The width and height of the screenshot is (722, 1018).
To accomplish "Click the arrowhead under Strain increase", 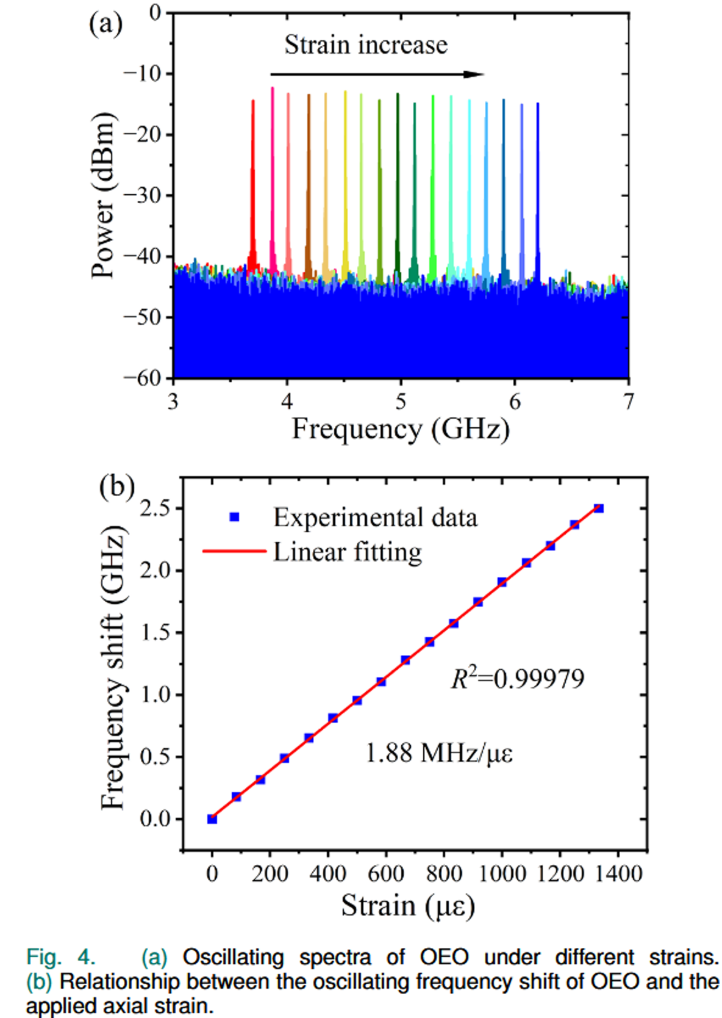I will pyautogui.click(x=474, y=74).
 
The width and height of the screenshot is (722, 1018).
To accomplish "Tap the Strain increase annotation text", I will pyautogui.click(x=366, y=45).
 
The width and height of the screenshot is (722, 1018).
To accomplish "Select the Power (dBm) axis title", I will pyautogui.click(x=104, y=195).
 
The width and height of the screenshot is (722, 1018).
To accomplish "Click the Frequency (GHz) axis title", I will pyautogui.click(x=401, y=429).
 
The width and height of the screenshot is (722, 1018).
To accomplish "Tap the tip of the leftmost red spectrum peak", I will pyautogui.click(x=252, y=101).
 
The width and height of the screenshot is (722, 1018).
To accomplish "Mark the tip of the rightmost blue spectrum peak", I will pyautogui.click(x=537, y=104).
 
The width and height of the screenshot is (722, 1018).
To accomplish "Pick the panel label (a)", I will pyautogui.click(x=105, y=24).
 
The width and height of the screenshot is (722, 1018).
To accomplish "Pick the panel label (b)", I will pyautogui.click(x=116, y=486).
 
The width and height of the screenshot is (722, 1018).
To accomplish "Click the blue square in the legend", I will pyautogui.click(x=234, y=518).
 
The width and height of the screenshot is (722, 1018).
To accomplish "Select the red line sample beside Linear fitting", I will pyautogui.click(x=234, y=552).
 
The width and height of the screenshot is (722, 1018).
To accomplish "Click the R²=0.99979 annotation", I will pyautogui.click(x=517, y=678).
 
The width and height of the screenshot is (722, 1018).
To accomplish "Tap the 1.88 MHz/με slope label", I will pyautogui.click(x=438, y=753).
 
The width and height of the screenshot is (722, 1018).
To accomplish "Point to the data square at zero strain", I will pyautogui.click(x=212, y=819).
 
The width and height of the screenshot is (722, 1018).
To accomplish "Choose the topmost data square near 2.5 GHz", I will pyautogui.click(x=598, y=508).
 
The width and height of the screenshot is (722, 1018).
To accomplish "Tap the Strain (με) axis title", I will pyautogui.click(x=407, y=905).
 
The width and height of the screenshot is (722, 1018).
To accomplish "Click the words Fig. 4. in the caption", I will pyautogui.click(x=60, y=957).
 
